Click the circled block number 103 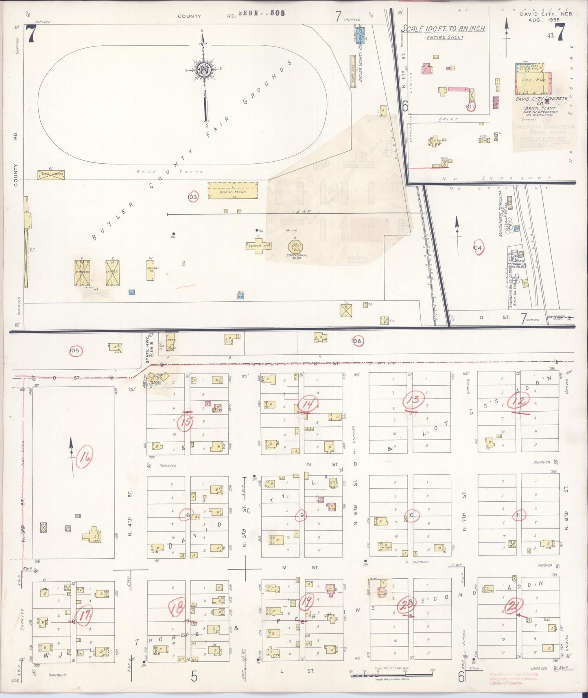192,197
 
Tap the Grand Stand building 233,191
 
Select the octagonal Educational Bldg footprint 296,246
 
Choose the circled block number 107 471,107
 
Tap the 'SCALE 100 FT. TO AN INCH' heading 443,29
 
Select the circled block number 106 357,341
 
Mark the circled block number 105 74,351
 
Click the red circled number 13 414,399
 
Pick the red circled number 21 513,607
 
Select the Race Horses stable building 51,175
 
